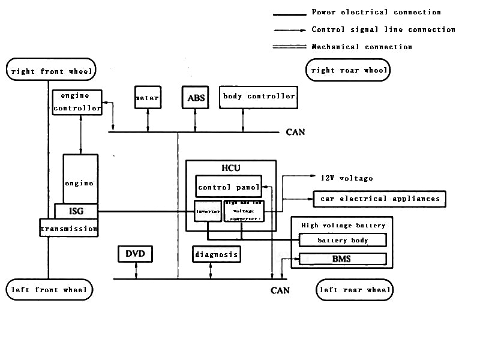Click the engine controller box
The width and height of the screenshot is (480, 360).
click(77, 102)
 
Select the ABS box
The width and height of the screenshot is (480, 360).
click(196, 97)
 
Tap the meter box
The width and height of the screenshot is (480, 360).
click(148, 97)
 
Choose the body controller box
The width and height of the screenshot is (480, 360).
click(259, 97)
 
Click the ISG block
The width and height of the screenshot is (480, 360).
click(76, 211)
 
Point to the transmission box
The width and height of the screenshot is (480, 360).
click(68, 229)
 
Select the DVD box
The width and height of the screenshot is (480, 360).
click(136, 254)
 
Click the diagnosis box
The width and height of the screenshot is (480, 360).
click(217, 254)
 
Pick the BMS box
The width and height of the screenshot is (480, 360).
click(342, 259)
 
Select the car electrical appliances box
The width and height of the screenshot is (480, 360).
click(380, 199)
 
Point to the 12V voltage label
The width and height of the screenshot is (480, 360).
click(346, 178)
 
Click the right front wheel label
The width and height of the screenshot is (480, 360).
click(51, 71)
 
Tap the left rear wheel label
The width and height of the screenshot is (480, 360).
click(355, 290)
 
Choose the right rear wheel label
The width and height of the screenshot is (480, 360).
click(348, 70)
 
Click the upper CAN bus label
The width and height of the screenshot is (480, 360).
click(295, 132)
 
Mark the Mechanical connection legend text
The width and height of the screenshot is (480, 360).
click(362, 47)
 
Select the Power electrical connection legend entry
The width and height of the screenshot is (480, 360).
click(376, 13)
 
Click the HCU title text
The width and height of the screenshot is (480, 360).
click(230, 168)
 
